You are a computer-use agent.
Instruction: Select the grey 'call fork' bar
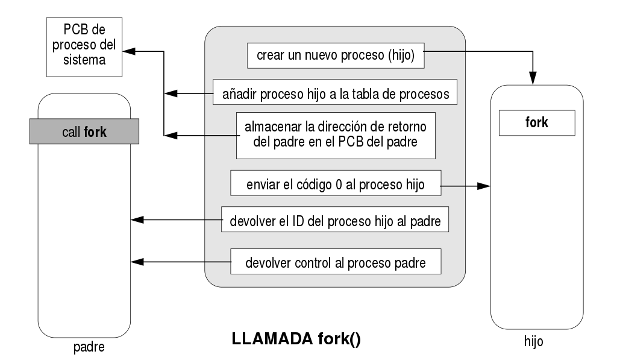tap(84, 132)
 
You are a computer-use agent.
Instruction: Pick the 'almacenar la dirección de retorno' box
tap(335, 135)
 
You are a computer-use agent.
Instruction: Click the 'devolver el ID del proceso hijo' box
tap(336, 221)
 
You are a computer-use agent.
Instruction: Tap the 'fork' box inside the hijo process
tap(536, 123)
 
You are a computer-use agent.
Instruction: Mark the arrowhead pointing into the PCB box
tap(128, 52)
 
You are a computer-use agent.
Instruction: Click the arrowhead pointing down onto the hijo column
tap(533, 77)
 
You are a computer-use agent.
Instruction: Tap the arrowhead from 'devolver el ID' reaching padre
tap(137, 221)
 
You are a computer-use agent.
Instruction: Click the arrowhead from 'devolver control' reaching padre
tap(137, 262)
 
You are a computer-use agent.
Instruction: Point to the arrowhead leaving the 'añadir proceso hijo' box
tap(171, 93)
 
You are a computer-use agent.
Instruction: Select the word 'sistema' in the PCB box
tap(83, 61)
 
